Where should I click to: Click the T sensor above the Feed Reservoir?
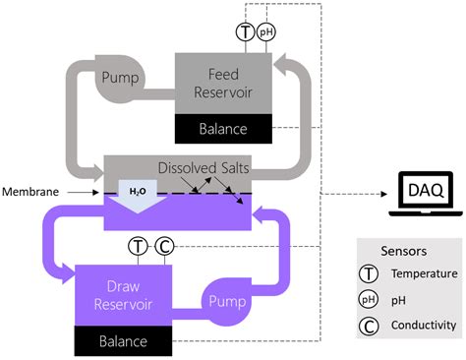click(246, 32)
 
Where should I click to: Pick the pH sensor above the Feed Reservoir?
click(265, 32)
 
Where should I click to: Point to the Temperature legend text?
click(422, 276)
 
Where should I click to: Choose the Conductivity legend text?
click(425, 325)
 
